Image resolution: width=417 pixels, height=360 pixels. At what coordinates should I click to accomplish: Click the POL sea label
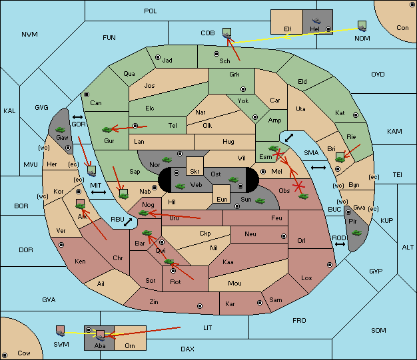click(x=151, y=11)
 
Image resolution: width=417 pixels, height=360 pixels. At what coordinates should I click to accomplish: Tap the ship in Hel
click(x=316, y=21)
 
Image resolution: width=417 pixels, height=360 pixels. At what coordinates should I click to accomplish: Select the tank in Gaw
click(x=61, y=130)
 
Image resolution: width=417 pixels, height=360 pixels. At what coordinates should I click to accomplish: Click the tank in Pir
click(x=356, y=233)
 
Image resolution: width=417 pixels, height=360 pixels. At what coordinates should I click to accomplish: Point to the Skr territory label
click(x=195, y=172)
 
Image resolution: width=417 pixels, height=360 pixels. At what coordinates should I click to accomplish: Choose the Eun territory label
click(x=222, y=199)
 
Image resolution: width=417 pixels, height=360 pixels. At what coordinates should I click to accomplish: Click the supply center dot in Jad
click(x=158, y=57)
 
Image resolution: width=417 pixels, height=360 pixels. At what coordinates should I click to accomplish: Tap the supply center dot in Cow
click(x=5, y=355)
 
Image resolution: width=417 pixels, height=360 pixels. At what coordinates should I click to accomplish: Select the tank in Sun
click(x=260, y=201)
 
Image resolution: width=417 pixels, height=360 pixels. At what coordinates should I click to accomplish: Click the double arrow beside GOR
click(x=77, y=117)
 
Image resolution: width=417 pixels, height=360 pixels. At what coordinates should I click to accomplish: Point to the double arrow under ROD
click(x=340, y=244)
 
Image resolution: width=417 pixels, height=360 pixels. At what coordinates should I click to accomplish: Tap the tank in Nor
click(x=167, y=160)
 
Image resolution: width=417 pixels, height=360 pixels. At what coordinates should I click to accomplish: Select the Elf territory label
click(x=288, y=29)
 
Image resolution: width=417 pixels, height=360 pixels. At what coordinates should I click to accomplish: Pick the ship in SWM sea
click(x=61, y=331)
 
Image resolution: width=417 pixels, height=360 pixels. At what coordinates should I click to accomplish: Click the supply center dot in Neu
click(x=284, y=236)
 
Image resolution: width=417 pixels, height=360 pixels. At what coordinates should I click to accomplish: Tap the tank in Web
click(x=181, y=186)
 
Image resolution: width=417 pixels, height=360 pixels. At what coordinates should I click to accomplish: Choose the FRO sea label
click(x=299, y=321)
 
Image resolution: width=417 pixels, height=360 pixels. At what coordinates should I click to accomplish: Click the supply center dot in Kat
click(x=356, y=115)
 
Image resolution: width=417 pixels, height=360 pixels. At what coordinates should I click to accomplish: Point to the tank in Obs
click(x=304, y=196)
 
